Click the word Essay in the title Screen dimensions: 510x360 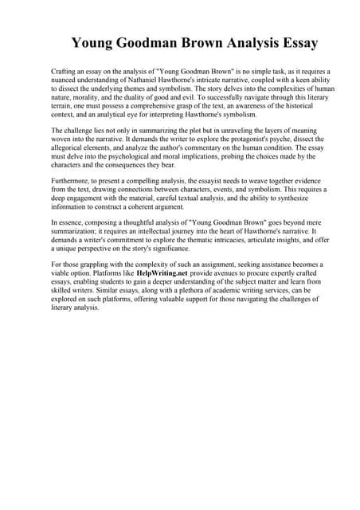click(x=292, y=42)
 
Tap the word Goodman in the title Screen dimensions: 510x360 click(x=145, y=42)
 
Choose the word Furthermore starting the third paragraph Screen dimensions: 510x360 click(x=72, y=180)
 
